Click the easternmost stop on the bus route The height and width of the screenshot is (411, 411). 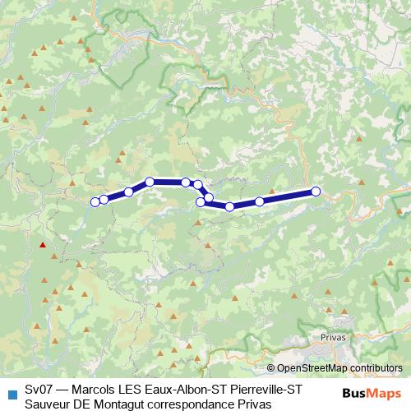[316, 192]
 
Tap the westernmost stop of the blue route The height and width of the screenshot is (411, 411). [95, 201]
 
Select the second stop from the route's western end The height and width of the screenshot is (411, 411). [104, 199]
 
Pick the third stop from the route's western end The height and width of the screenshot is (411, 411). [129, 192]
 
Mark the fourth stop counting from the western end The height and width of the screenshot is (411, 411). [150, 182]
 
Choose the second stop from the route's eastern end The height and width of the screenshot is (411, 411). [260, 201]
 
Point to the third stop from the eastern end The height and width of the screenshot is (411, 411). [230, 206]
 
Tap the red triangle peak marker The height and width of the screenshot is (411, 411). [42, 244]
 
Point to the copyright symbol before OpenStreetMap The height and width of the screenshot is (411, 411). [270, 368]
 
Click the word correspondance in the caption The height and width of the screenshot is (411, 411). [194, 403]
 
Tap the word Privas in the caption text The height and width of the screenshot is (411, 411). [254, 403]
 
